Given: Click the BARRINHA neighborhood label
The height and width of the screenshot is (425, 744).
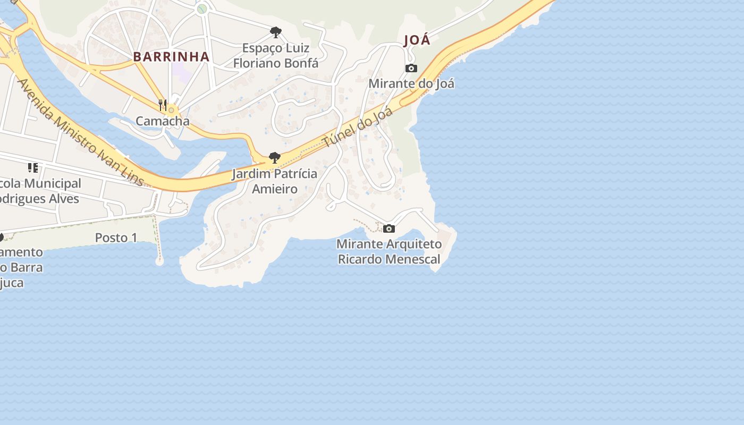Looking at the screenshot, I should [x=171, y=57].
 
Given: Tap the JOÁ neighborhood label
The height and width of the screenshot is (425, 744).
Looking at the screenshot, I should [x=417, y=40].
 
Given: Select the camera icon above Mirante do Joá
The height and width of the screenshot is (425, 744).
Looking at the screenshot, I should [x=411, y=68].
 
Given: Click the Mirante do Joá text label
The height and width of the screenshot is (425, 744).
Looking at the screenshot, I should [x=411, y=83].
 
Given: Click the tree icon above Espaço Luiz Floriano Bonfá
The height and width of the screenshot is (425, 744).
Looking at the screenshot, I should [x=275, y=32].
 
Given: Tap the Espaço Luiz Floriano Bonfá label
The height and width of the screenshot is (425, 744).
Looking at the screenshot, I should [x=276, y=55].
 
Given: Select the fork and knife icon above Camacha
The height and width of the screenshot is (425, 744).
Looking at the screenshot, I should [x=163, y=105].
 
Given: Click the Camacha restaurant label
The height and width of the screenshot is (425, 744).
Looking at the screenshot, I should [x=163, y=121].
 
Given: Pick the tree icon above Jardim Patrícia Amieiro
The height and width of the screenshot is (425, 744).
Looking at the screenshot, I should [x=274, y=157].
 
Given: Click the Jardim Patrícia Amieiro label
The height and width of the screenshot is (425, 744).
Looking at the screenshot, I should [x=274, y=181].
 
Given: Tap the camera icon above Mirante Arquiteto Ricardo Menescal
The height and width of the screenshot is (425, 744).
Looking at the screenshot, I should [x=389, y=228].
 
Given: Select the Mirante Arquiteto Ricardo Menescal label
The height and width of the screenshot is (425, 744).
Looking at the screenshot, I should [x=390, y=252].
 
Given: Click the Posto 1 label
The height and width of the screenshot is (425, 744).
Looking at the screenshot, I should [x=116, y=237].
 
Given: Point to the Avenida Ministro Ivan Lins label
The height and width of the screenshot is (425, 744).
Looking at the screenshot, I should [x=80, y=133].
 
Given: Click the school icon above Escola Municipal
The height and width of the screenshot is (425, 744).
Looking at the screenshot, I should [x=33, y=168].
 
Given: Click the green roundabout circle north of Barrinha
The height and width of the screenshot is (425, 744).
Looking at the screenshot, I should [x=201, y=8].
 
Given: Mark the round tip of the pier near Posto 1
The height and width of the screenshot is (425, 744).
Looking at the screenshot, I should [x=159, y=261].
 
